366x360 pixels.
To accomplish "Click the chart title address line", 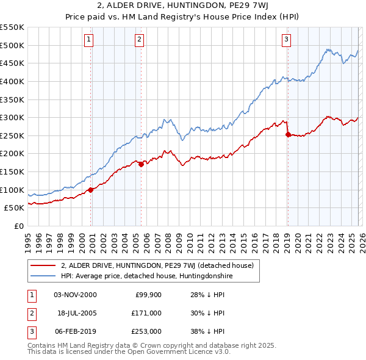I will [x=182, y=7].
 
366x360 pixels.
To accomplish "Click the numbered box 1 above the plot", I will [x=89, y=40].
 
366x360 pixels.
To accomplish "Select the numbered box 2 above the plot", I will [x=140, y=40].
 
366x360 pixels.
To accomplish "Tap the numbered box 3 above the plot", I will [x=286, y=40].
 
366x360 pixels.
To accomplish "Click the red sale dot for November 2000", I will [x=91, y=190].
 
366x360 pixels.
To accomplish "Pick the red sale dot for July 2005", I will [x=142, y=164].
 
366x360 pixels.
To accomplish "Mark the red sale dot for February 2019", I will [x=288, y=135].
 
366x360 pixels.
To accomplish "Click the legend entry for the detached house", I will [x=160, y=265].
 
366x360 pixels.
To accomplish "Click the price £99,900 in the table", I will [x=148, y=295].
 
